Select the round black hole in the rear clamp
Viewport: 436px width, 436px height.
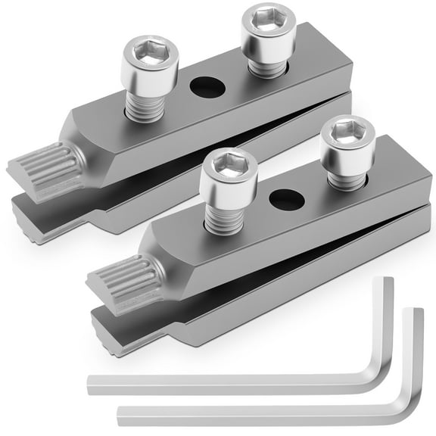click(207, 88)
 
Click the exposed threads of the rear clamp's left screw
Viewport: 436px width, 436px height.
click(144, 106)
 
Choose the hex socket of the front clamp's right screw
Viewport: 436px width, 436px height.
click(347, 133)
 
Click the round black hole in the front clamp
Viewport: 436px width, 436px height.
click(286, 200)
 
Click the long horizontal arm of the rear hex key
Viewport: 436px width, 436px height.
click(227, 382)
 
